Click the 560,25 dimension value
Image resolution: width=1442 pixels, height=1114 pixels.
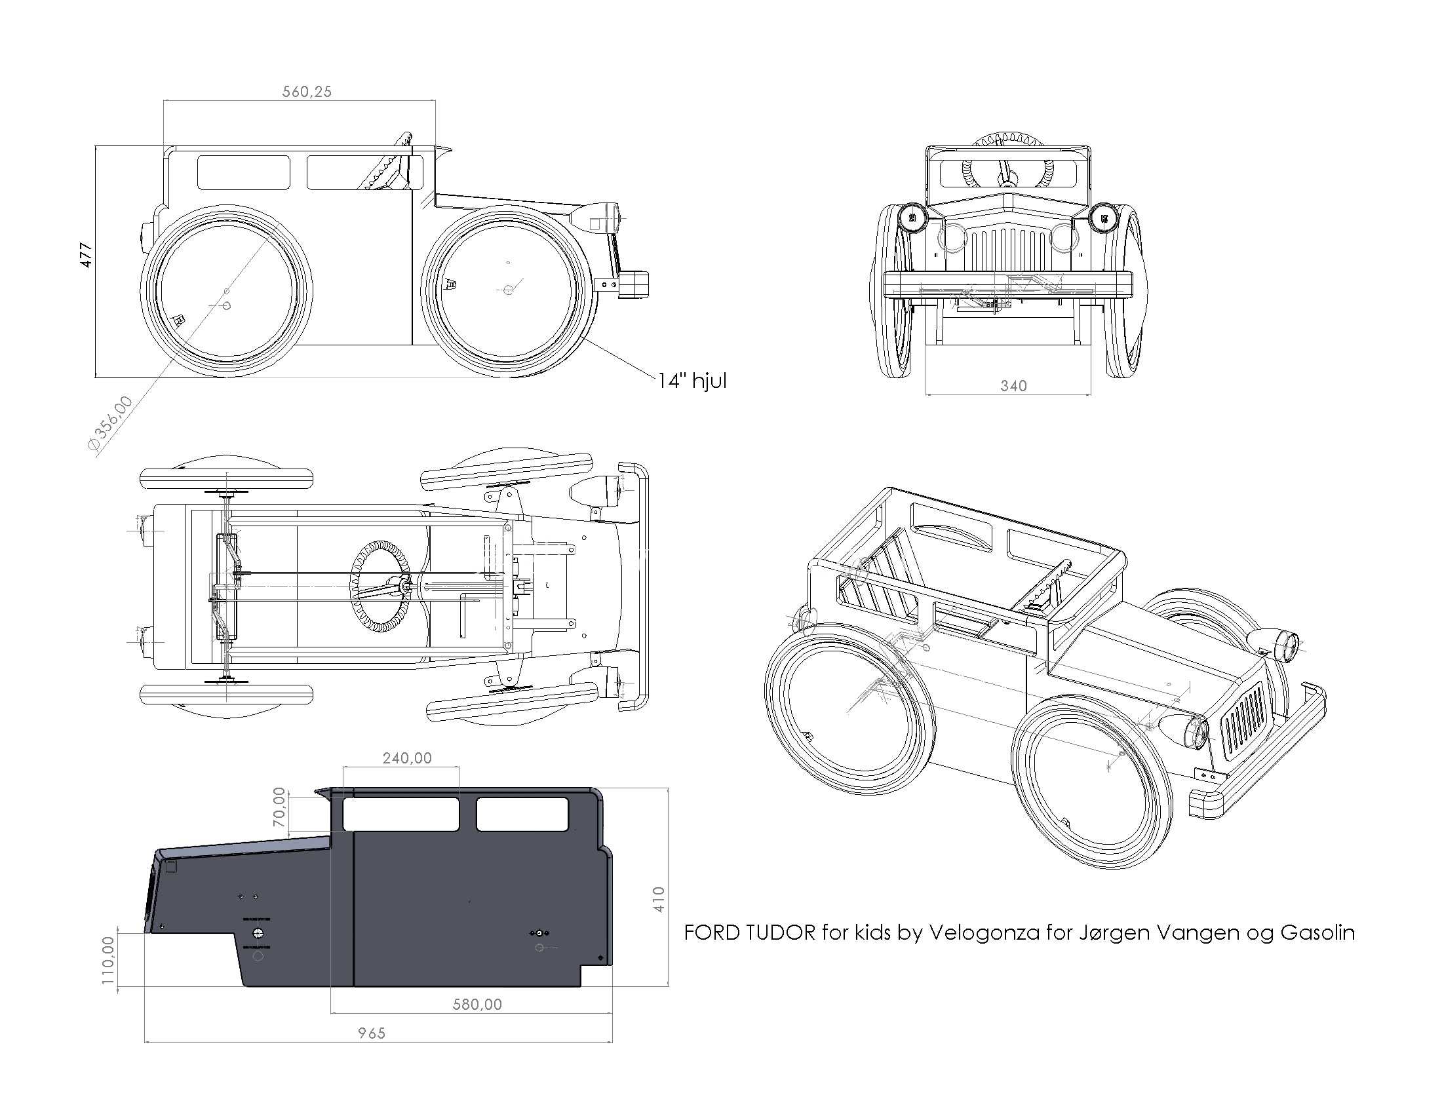307,92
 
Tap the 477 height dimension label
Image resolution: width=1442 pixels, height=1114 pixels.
86,255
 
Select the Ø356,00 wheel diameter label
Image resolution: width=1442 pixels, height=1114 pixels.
110,424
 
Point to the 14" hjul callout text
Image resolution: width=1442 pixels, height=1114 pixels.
692,381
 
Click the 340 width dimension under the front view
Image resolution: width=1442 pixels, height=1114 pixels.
1013,385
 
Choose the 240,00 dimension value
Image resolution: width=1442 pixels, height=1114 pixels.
408,758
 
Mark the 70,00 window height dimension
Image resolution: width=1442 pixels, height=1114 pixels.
280,807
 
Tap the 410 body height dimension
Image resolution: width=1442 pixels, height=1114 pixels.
658,900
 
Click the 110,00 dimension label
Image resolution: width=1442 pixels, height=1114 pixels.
108,960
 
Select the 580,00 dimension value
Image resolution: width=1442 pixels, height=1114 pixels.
477,1005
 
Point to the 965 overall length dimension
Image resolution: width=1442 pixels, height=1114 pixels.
372,1033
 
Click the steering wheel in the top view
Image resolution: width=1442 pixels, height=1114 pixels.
381,586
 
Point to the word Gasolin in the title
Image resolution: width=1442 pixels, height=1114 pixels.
1317,932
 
